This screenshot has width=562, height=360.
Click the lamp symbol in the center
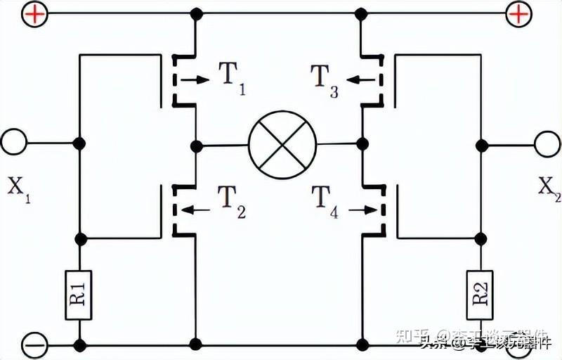coord(282,145)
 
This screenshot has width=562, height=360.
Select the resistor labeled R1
coord(79,295)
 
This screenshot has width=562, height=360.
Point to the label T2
coord(232,201)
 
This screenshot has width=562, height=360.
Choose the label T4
coord(324,201)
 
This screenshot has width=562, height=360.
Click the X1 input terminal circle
coord(13,143)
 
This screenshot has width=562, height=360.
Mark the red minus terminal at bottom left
coord(33,345)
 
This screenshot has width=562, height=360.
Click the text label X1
coord(19,188)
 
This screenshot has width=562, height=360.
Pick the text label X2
coord(549,188)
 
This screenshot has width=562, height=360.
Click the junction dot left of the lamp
coord(196,146)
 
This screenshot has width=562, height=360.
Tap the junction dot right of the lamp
coord(362,144)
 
